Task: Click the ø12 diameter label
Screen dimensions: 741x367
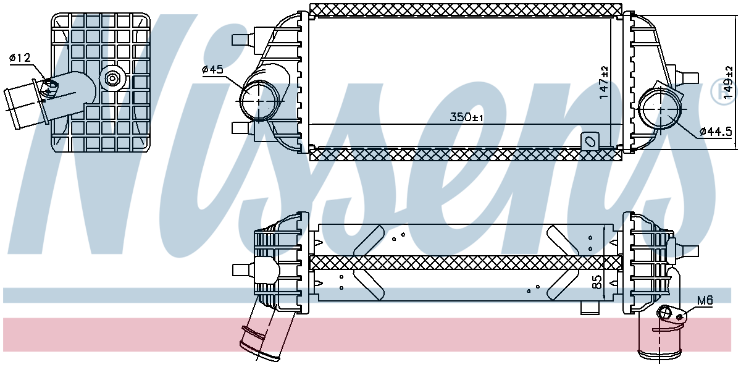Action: [20, 58]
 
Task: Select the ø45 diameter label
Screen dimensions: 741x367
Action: [212, 69]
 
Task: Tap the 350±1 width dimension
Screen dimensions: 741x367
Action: [466, 117]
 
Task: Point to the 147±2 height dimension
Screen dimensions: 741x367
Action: [604, 82]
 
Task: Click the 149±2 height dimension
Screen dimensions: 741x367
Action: [729, 82]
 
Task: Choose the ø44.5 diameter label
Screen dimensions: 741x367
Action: [716, 132]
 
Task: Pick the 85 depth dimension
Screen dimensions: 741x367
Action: [598, 282]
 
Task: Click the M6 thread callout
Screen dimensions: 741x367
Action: [705, 300]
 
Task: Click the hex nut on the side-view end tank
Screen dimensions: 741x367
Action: [112, 78]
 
